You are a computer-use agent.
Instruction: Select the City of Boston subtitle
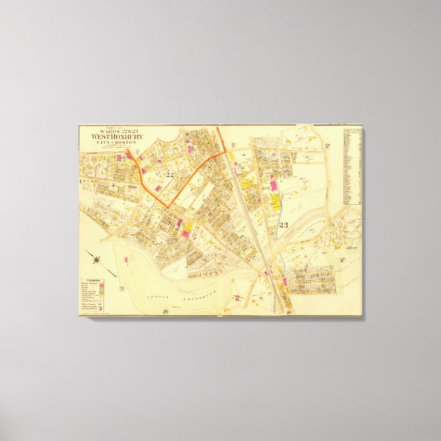[x=114, y=142]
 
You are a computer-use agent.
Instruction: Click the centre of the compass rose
[x=98, y=259]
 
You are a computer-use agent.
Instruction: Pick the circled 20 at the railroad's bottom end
[x=290, y=313]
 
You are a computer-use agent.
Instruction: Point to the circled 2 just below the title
[x=136, y=151]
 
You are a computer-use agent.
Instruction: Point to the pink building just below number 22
[x=158, y=187]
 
